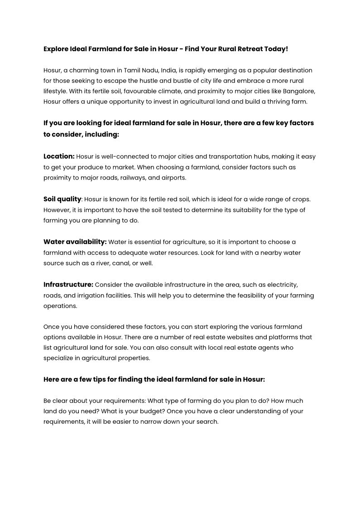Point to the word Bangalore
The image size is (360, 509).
coord(299,91)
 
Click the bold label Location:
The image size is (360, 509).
coord(59,156)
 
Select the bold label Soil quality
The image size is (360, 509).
coord(62,199)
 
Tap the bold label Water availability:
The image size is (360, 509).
coord(75,242)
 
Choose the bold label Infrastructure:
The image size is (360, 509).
coord(68,285)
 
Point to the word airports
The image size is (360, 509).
coord(173,178)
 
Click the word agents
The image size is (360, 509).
coord(280,348)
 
